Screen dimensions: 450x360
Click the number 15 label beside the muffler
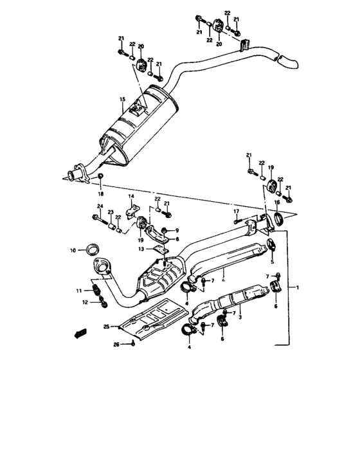click(x=121, y=100)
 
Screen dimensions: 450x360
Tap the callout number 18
click(x=100, y=193)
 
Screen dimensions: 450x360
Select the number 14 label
click(x=130, y=195)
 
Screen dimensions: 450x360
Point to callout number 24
click(x=100, y=206)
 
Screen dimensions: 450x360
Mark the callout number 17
click(x=236, y=211)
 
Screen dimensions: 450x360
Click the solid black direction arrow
click(x=80, y=333)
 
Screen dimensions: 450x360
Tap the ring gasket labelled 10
click(x=93, y=248)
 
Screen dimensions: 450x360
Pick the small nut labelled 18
click(x=100, y=177)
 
